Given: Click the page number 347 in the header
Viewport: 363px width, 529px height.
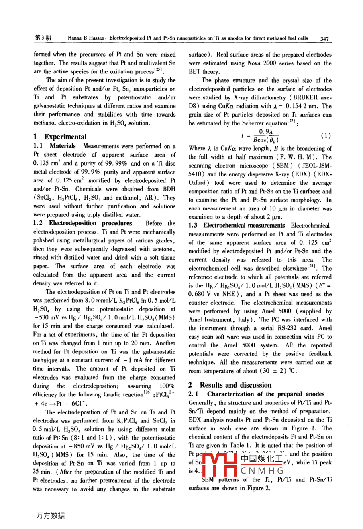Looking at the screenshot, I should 325,39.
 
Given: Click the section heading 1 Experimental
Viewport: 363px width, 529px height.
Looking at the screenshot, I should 60,137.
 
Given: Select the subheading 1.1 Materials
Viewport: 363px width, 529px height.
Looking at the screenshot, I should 55,146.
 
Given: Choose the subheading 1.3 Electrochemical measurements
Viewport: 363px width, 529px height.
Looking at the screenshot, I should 237,226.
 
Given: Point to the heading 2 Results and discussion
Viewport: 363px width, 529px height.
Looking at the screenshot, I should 230,385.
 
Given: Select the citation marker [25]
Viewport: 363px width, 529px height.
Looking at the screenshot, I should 159,70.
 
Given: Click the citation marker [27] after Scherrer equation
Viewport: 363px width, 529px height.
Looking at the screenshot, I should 292,121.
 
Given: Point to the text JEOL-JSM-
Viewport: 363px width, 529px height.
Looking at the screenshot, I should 316,166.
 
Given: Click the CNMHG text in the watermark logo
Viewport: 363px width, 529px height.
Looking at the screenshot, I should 262,470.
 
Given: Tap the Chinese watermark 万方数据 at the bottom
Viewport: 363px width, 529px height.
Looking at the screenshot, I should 50,515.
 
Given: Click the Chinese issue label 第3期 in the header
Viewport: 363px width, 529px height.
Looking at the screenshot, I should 43,38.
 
